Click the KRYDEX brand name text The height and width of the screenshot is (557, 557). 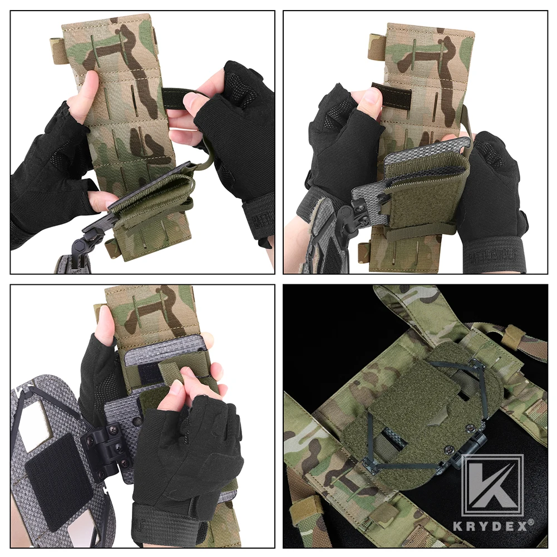(490, 525)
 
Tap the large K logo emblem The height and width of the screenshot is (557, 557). (492, 485)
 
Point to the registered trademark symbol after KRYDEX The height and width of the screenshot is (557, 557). (531, 522)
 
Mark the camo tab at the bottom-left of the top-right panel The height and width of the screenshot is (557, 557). (365, 252)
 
